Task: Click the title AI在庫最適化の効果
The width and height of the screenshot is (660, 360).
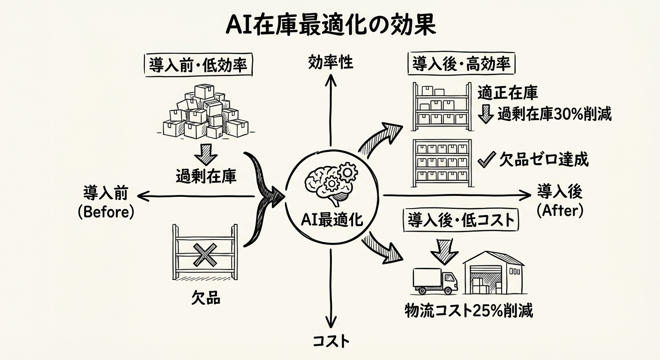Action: pyautogui.click(x=330, y=26)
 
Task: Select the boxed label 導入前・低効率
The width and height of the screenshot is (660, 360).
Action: pyautogui.click(x=197, y=65)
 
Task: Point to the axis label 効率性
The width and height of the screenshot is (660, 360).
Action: pyautogui.click(x=331, y=62)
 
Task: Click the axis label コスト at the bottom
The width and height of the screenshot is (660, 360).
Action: pyautogui.click(x=331, y=341)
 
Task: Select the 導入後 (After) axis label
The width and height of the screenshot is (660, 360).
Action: pyautogui.click(x=560, y=202)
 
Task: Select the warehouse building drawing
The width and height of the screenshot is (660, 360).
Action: pyautogui.click(x=493, y=273)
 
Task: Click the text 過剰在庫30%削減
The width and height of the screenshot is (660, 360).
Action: pyautogui.click(x=554, y=114)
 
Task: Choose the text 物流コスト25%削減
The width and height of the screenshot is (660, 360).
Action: pyautogui.click(x=469, y=311)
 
